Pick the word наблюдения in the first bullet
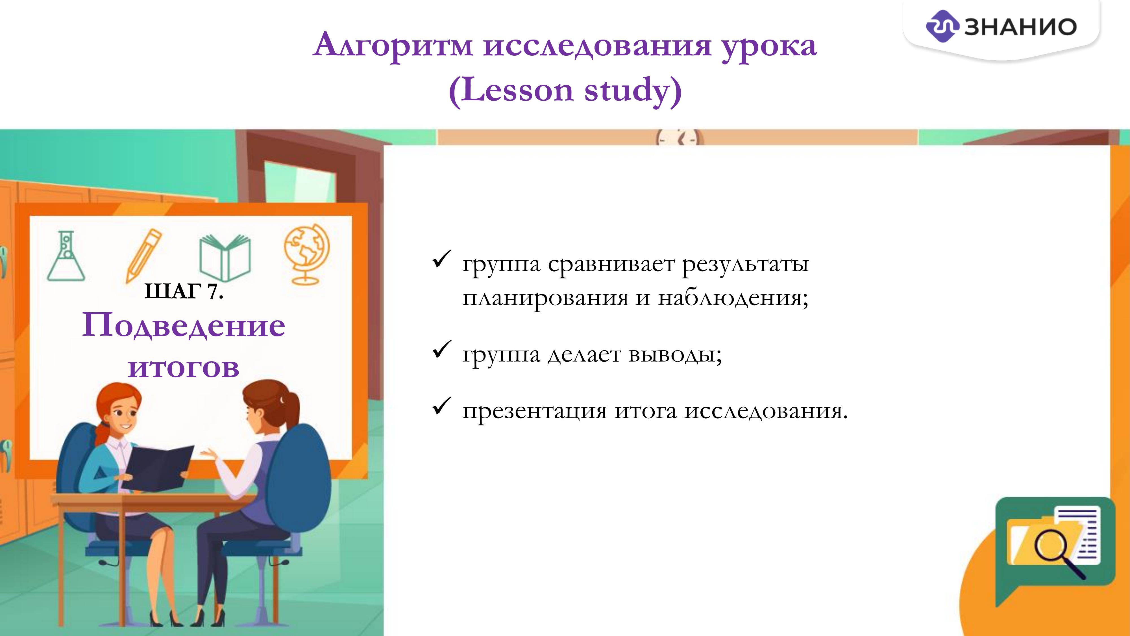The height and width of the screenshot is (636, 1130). (x=733, y=298)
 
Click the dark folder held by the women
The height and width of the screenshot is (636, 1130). (x=158, y=468)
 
